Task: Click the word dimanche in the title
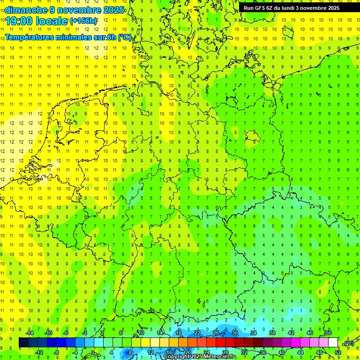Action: [x=25, y=10]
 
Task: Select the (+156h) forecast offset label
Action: [x=83, y=21]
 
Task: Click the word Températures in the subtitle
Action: [x=32, y=37]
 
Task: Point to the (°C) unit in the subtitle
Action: [x=124, y=37]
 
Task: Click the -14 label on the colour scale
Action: [x=30, y=333]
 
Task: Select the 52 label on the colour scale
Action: [x=337, y=352]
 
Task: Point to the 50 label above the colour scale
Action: [x=328, y=333]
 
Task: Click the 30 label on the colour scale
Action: [x=235, y=333]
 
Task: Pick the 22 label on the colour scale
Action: [x=197, y=333]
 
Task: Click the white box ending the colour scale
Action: [x=333, y=343]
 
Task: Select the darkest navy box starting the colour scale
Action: [x=23, y=343]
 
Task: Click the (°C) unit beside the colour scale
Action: [x=349, y=343]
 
